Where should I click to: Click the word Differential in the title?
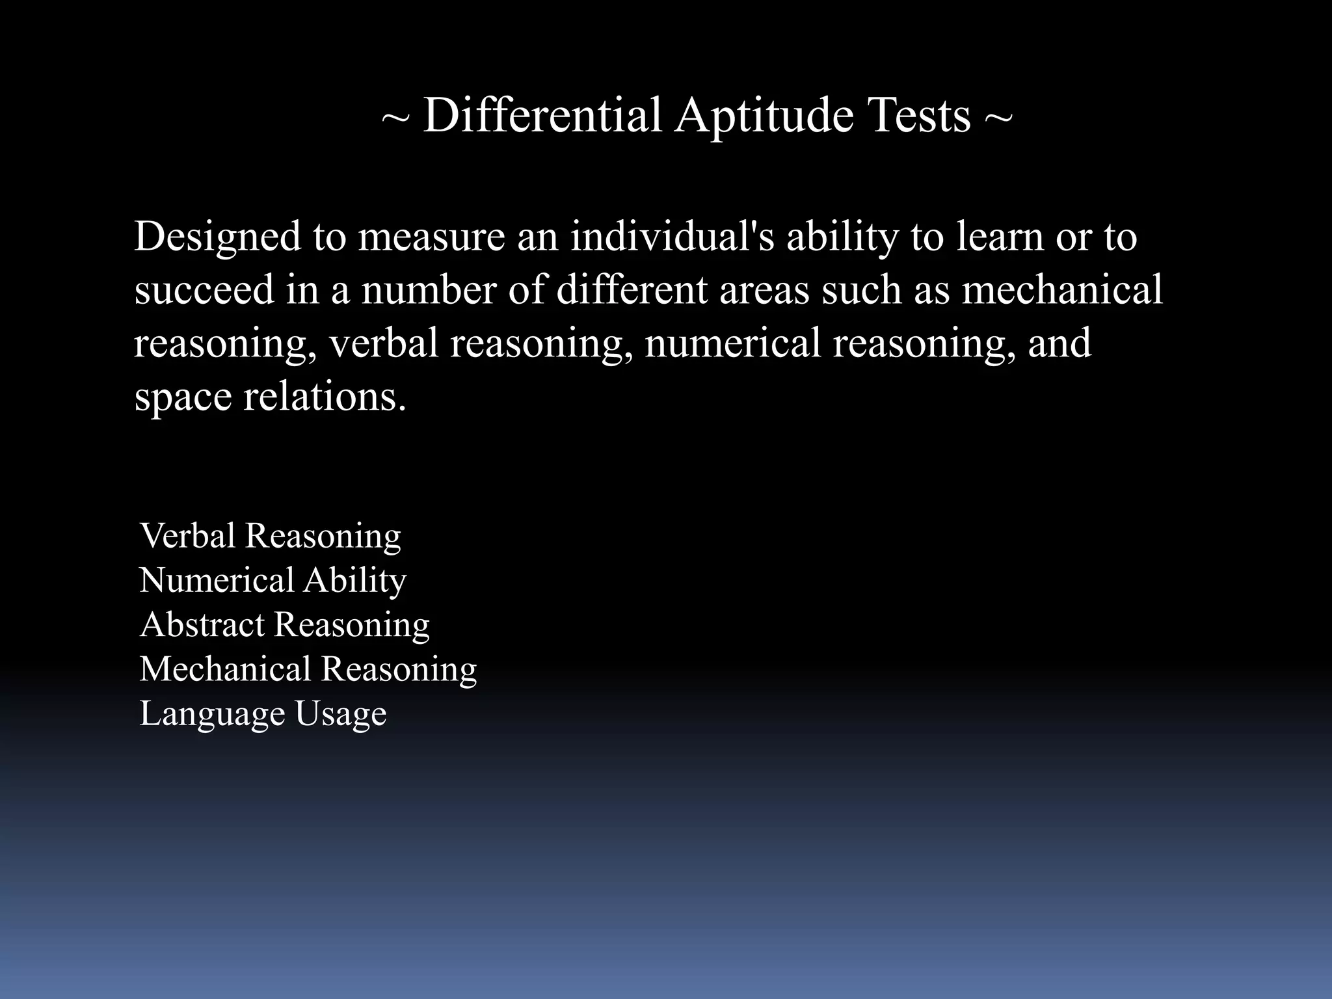tap(542, 116)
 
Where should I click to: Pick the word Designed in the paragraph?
tap(217, 237)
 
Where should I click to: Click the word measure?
tap(431, 237)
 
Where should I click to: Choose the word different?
tap(632, 290)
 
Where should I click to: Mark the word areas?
tap(764, 291)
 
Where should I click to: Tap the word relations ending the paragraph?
tap(324, 397)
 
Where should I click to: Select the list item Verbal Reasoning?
tap(270, 537)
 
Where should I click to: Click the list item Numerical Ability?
tap(273, 581)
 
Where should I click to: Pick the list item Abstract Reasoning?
tap(284, 625)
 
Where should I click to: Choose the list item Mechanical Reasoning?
tap(308, 669)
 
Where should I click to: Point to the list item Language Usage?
tap(263, 714)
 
